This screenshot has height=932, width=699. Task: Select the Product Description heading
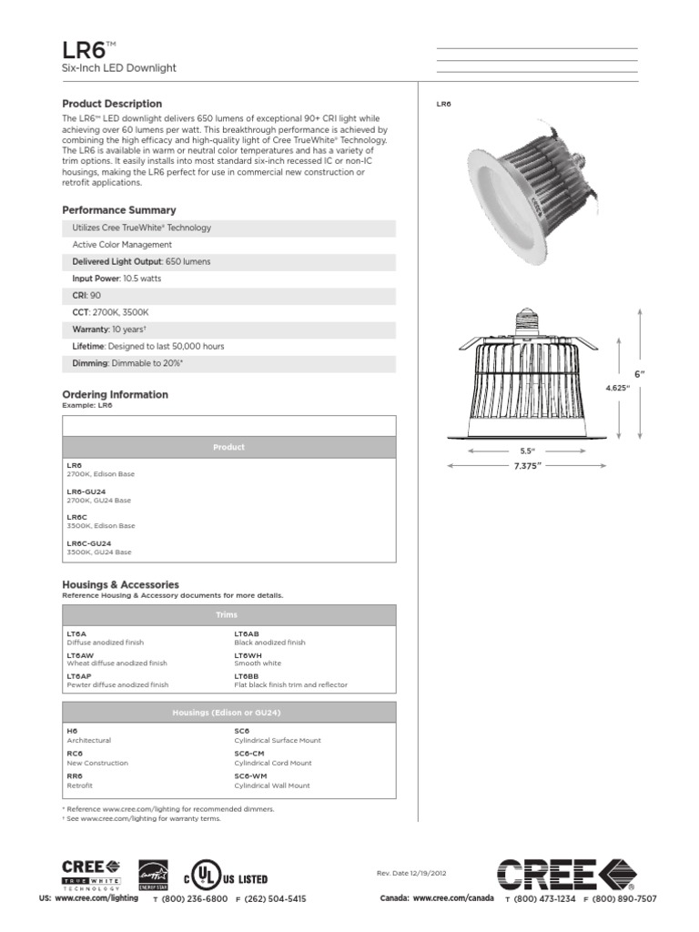coord(112,104)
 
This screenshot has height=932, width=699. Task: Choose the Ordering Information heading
coord(115,394)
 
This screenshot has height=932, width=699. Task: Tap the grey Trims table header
coord(228,615)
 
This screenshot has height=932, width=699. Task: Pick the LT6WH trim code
coord(248,655)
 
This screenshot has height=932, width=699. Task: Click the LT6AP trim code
coord(80,676)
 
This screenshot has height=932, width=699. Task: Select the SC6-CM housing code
coord(249,754)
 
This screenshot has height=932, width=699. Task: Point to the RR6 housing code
coord(75,775)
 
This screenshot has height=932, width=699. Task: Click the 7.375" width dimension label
coord(528,466)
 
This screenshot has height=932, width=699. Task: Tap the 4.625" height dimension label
coord(617,389)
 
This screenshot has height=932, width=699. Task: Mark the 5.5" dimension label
coord(527,451)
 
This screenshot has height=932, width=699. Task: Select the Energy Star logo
coord(152,875)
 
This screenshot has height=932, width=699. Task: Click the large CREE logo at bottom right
coord(565,876)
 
